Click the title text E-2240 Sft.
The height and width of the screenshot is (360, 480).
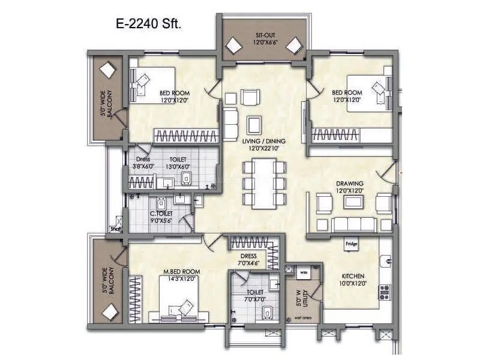point(148,25)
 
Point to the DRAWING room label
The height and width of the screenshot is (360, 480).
point(350,183)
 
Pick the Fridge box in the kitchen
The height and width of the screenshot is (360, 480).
point(352,244)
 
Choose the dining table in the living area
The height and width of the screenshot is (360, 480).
point(264,183)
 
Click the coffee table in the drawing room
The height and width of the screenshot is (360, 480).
point(353,202)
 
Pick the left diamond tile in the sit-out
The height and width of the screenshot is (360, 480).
point(231,46)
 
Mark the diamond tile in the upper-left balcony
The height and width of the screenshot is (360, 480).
point(107,70)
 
